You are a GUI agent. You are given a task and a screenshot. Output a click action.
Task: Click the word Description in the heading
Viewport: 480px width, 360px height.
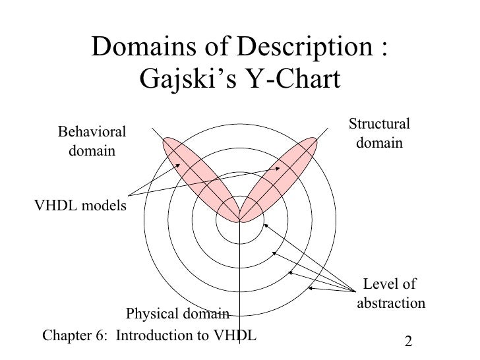[297, 47]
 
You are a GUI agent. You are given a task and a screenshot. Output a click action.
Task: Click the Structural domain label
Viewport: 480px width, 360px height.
[379, 133]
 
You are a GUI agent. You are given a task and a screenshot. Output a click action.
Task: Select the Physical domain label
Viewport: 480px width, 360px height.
[177, 313]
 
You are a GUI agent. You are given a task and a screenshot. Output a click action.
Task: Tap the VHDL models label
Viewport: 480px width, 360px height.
[80, 206]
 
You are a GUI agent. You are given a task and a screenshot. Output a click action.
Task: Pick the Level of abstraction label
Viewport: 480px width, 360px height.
[390, 294]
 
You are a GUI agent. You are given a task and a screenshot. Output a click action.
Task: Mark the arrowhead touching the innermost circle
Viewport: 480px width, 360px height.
[264, 225]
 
